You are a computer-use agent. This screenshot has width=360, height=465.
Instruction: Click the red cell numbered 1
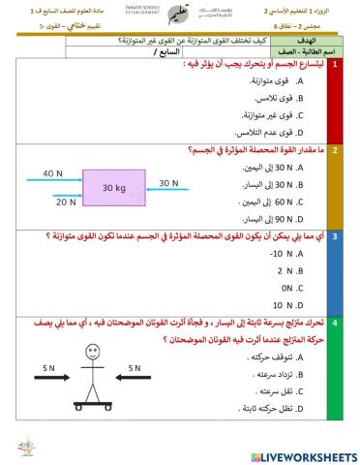pos(334,64)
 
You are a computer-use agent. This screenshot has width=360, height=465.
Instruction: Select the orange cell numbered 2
pos(334,151)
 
